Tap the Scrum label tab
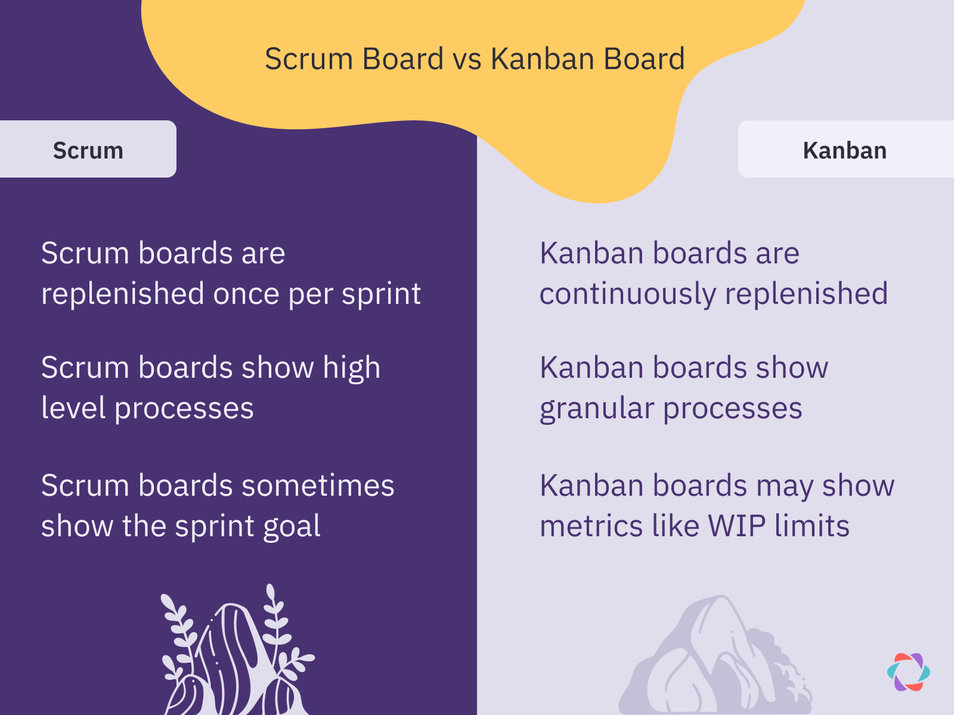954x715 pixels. [x=88, y=149]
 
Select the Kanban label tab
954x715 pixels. [x=845, y=149]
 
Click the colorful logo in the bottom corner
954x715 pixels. [x=908, y=672]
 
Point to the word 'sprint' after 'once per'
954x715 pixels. [x=381, y=294]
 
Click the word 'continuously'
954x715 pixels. [x=628, y=294]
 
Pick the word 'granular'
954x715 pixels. [x=597, y=409]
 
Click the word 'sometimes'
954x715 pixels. [x=318, y=486]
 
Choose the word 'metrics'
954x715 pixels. [x=591, y=526]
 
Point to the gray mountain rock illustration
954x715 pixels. [x=715, y=655]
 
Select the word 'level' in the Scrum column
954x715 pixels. [x=73, y=408]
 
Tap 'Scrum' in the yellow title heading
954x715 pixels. [x=309, y=60]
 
